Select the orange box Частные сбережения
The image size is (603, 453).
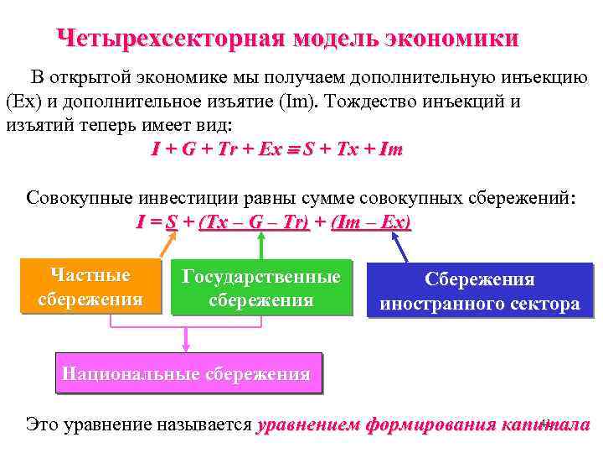(x=90, y=287)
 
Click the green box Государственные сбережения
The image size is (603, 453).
(x=261, y=289)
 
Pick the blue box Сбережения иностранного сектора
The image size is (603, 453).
(x=480, y=291)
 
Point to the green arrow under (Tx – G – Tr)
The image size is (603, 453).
(x=261, y=245)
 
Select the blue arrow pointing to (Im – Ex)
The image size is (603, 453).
(x=399, y=247)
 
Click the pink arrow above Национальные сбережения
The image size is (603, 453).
(x=186, y=340)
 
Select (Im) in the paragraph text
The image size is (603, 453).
(x=300, y=102)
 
